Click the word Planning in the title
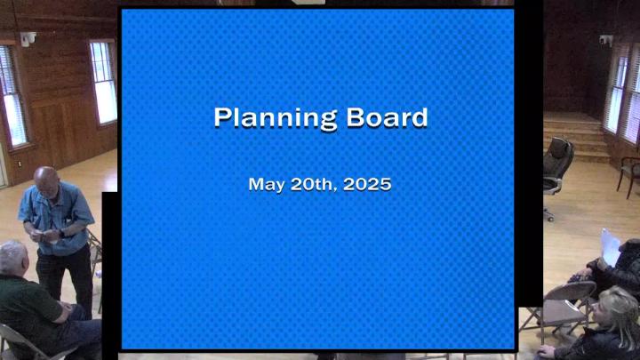(276, 119)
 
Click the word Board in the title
(387, 117)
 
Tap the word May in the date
(267, 185)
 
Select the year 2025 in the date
(367, 184)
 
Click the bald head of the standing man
(46, 180)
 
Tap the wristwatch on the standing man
(61, 234)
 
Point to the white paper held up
(610, 247)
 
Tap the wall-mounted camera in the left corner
(28, 39)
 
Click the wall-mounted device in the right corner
(605, 40)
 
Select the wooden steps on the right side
(575, 137)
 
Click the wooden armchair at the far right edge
(628, 176)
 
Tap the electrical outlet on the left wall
(19, 164)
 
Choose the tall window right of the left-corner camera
(103, 82)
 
